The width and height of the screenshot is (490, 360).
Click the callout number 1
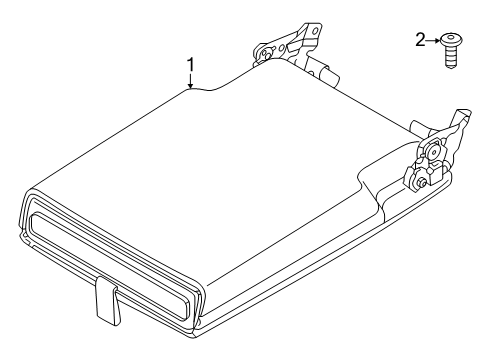click(190, 65)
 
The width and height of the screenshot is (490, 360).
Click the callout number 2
click(420, 40)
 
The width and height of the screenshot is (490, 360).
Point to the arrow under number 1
click(190, 81)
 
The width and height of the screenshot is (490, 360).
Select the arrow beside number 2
click(433, 41)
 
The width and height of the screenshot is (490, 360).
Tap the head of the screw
click(451, 40)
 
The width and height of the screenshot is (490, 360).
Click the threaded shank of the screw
click(450, 57)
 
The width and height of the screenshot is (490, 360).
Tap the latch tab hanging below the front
click(106, 300)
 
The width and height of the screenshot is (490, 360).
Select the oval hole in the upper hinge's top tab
click(314, 30)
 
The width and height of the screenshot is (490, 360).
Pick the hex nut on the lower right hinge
click(422, 182)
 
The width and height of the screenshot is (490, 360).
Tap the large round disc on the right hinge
click(434, 152)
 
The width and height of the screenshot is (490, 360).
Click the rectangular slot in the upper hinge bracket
click(293, 47)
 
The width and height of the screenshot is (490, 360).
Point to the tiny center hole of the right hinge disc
click(434, 152)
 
